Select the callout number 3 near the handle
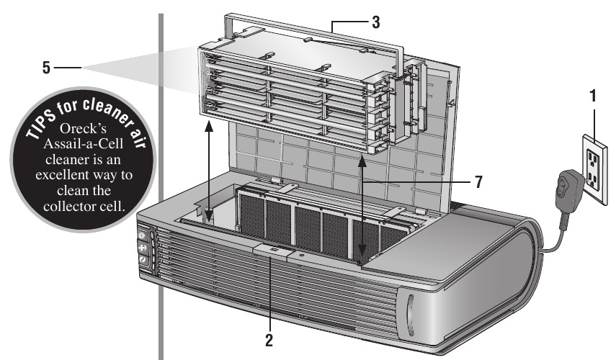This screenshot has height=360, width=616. pyautogui.click(x=375, y=22)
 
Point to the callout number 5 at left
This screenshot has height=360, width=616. pyautogui.click(x=47, y=68)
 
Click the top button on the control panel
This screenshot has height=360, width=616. pyautogui.click(x=142, y=236)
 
